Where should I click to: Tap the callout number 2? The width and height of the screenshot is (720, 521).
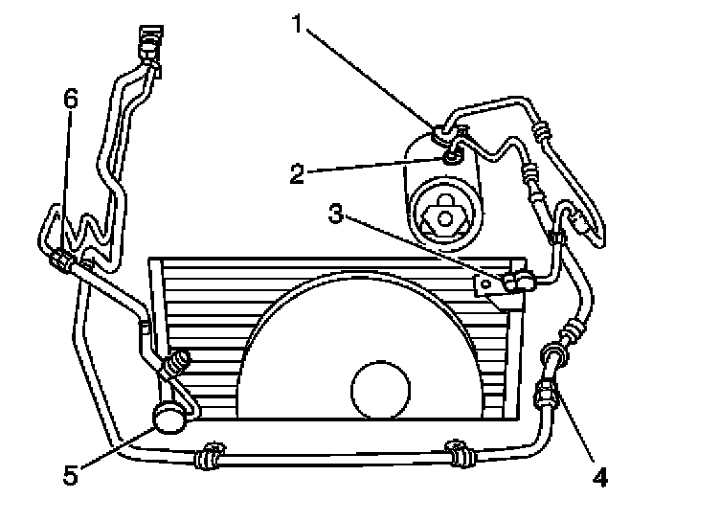299,173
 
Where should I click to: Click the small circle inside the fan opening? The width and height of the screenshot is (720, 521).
382,389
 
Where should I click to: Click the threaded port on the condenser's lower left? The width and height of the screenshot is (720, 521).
176,363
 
